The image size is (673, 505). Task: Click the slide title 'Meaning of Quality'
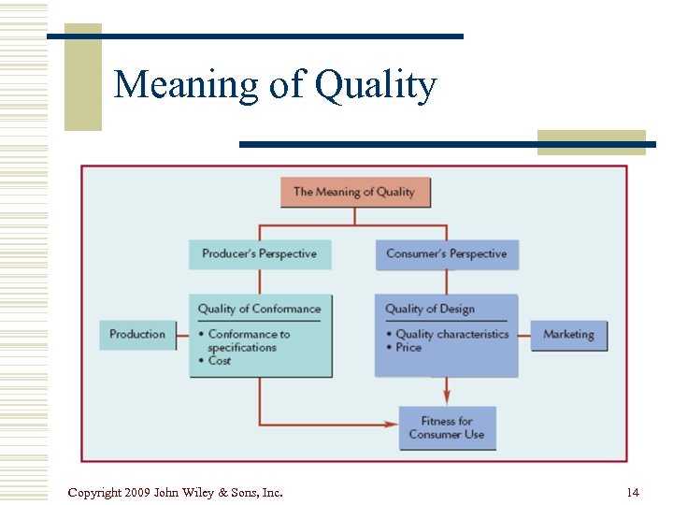click(x=275, y=86)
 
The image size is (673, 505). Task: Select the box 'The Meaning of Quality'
click(x=354, y=192)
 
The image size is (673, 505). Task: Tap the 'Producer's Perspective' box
click(x=260, y=253)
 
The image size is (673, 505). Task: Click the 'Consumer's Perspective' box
click(x=447, y=253)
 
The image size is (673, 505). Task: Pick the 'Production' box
click(x=137, y=335)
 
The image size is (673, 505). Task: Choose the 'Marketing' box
click(x=568, y=335)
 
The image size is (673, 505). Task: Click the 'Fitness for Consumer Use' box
click(x=447, y=427)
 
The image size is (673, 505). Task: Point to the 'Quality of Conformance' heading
click(x=259, y=310)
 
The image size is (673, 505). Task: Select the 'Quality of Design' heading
click(x=430, y=310)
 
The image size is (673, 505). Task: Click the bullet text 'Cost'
click(x=220, y=360)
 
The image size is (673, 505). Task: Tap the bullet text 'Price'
click(x=408, y=347)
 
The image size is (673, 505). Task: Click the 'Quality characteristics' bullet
click(x=451, y=334)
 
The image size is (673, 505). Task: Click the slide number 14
click(x=633, y=492)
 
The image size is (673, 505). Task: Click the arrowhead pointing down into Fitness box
click(x=447, y=398)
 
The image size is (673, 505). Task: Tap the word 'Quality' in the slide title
click(x=376, y=86)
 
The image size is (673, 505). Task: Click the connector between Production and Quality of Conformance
click(x=182, y=335)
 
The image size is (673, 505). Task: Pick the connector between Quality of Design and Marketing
click(x=524, y=335)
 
